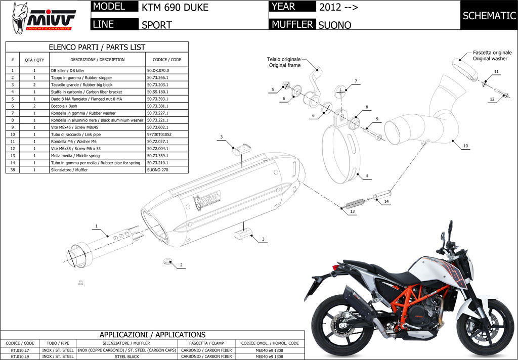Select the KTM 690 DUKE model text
(x=175, y=8)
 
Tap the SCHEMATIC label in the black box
(x=489, y=16)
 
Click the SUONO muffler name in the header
(x=334, y=25)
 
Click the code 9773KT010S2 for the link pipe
(x=158, y=134)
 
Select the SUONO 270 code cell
(x=157, y=170)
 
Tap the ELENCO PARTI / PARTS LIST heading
(x=96, y=47)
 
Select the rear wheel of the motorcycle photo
(x=338, y=324)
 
